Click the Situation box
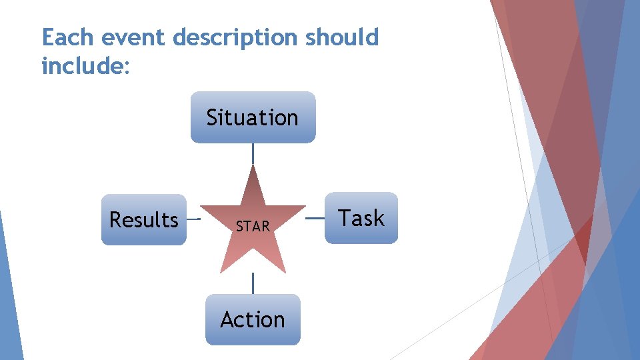click(253, 117)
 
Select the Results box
click(143, 219)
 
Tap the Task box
click(361, 218)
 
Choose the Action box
click(253, 319)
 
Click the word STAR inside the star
click(253, 227)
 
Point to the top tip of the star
click(253, 167)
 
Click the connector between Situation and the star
click(253, 154)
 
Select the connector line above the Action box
click(253, 283)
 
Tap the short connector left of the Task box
click(315, 217)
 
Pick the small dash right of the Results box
click(193, 218)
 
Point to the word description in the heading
click(235, 38)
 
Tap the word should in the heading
click(342, 38)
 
